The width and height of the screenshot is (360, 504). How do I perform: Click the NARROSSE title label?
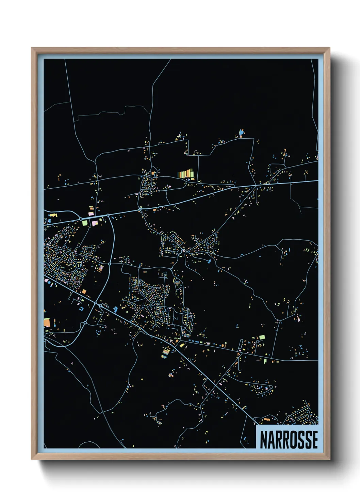[289, 440]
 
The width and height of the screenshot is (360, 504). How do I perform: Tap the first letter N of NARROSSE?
[264, 440]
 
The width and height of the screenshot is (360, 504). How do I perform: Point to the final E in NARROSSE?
[315, 440]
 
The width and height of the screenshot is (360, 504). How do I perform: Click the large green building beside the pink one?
[84, 223]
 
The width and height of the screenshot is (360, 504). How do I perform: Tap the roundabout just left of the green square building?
[81, 219]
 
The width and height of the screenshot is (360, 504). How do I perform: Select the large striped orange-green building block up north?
[185, 174]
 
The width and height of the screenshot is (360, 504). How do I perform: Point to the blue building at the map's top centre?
[241, 132]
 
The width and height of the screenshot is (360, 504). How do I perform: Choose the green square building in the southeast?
[262, 337]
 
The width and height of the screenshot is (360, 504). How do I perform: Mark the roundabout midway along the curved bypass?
[110, 264]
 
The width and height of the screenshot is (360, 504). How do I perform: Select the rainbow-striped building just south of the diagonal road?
[165, 353]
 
